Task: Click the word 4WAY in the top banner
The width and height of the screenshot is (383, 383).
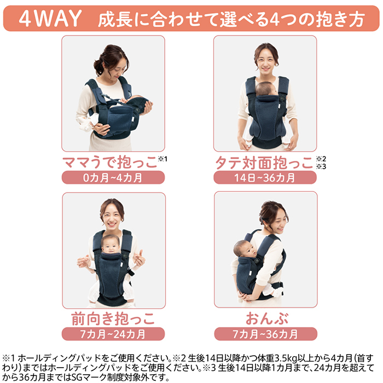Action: [x=50, y=18]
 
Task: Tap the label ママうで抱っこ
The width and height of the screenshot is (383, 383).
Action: [x=109, y=162]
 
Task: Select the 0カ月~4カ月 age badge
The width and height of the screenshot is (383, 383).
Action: [x=113, y=177]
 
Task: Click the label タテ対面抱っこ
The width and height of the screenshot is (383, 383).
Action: [x=264, y=163]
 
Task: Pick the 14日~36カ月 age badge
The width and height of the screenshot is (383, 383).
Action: [x=265, y=178]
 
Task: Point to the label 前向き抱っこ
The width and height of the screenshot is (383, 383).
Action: [x=113, y=319]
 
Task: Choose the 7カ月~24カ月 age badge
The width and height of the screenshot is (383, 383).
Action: [x=113, y=334]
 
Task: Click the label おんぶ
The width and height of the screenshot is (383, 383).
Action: [x=267, y=318]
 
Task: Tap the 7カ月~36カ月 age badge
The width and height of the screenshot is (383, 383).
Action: [x=265, y=334]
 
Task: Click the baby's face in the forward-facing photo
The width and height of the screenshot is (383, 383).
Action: [x=111, y=246]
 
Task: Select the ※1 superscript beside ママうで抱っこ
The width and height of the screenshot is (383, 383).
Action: [x=163, y=159]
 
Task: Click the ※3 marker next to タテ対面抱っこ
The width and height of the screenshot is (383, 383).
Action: [x=321, y=166]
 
